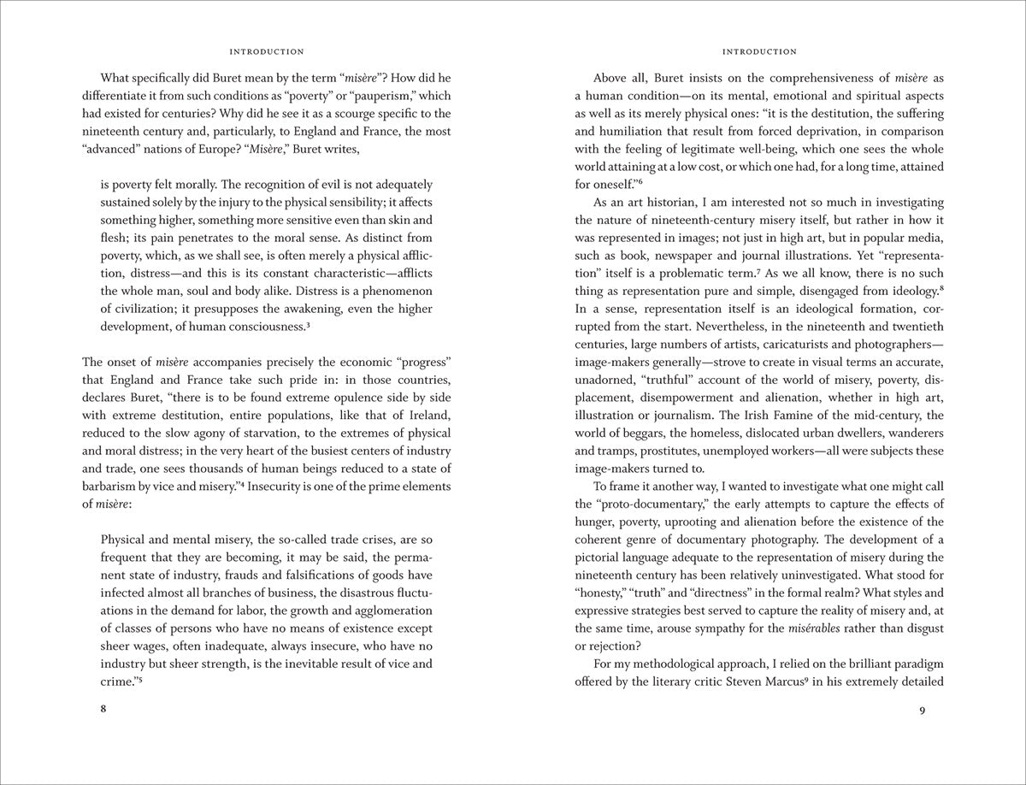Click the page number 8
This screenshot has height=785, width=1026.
coord(103,709)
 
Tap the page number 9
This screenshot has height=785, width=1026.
coord(923,709)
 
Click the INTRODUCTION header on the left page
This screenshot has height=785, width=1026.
coord(268,52)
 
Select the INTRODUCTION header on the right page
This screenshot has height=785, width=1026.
coord(759,52)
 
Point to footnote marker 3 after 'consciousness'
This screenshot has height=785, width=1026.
coord(308,325)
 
